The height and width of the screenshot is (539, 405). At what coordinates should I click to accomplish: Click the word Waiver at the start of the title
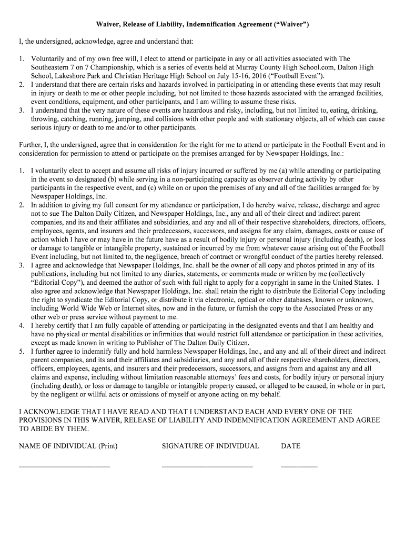click(107, 25)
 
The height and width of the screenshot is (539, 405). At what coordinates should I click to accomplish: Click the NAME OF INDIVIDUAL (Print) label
click(68, 446)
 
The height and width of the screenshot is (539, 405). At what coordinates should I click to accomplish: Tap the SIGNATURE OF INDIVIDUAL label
click(210, 446)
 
